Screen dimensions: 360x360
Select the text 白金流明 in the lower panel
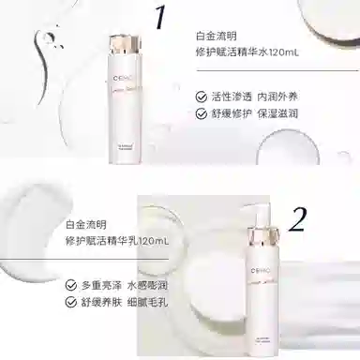click(85, 223)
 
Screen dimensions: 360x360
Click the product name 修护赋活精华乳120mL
click(112, 242)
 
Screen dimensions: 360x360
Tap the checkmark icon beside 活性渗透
click(201, 97)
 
